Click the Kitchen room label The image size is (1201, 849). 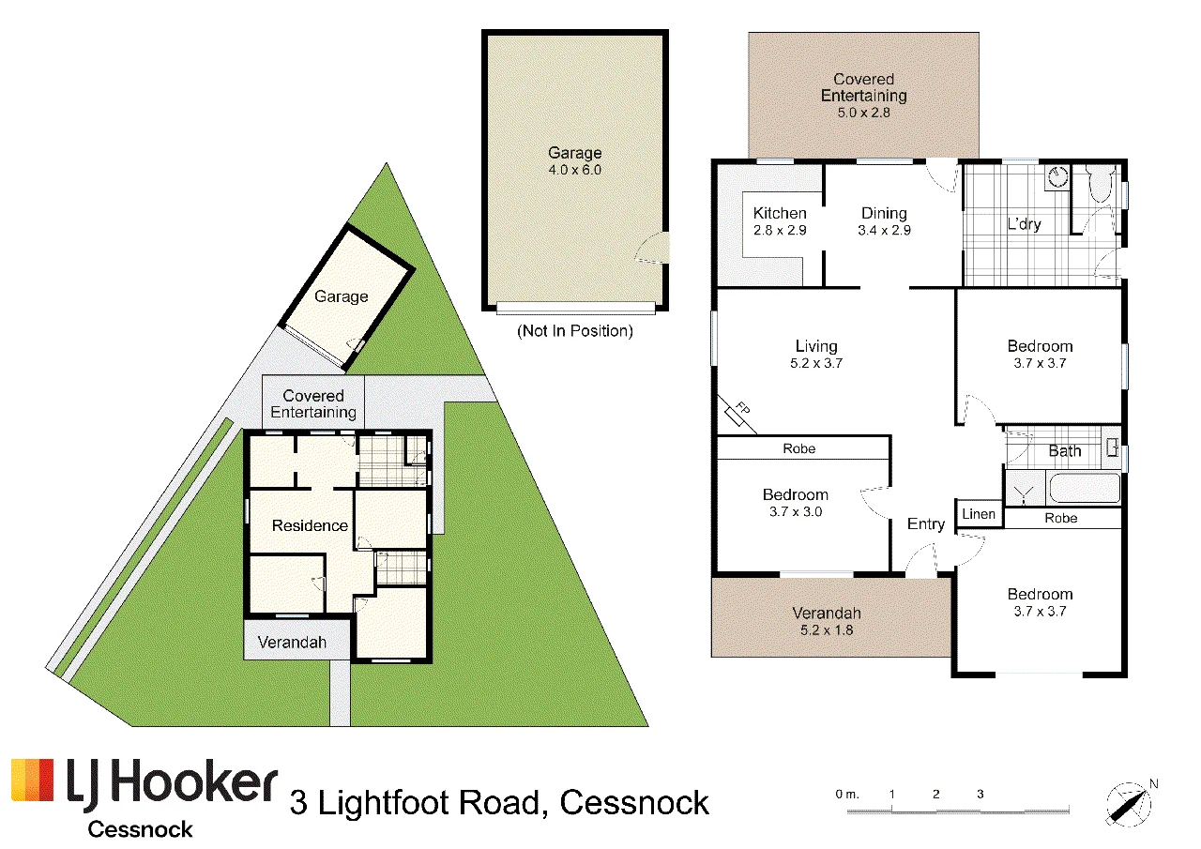coord(780,213)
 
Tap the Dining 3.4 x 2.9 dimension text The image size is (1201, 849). coord(884,231)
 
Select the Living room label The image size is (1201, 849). coord(816,346)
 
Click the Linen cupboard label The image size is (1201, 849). coord(979,514)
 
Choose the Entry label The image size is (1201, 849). coord(926,524)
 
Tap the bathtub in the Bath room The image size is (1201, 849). coord(1084,487)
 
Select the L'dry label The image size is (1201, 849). coord(1024,224)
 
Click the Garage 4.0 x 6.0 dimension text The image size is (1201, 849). coord(575,171)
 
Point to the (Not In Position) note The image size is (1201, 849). coord(575,331)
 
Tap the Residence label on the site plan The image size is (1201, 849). coord(310,525)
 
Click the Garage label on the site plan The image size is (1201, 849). coord(341,296)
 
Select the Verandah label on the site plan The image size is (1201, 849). coord(292,642)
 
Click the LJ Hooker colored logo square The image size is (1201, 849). coord(33,780)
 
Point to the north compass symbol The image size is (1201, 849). coord(1128,803)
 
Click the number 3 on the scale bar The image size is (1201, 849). coord(981,794)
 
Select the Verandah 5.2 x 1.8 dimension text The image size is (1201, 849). coord(827,630)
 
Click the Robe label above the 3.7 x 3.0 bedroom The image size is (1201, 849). coord(798,448)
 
